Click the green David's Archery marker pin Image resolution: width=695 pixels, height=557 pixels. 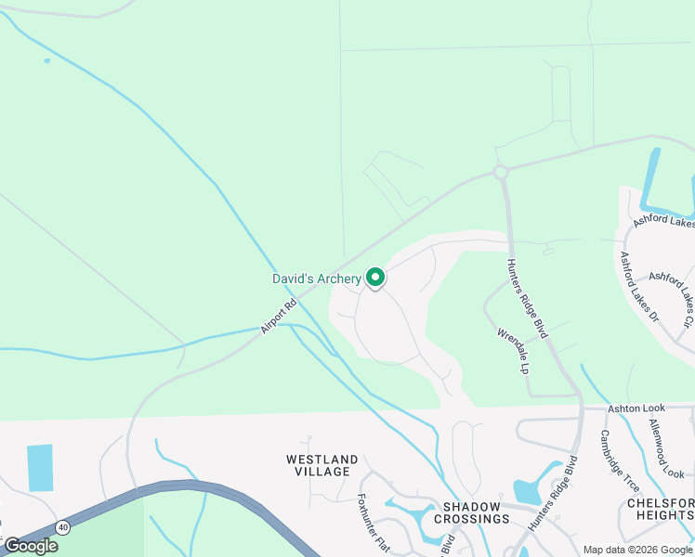(x=375, y=277)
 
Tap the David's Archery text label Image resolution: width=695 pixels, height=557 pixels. (x=316, y=278)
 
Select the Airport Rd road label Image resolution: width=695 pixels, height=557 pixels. (x=279, y=317)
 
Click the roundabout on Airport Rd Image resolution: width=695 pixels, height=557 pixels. (x=501, y=172)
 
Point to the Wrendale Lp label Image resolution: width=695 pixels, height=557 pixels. (x=512, y=350)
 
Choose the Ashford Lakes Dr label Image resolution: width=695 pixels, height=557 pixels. (x=638, y=287)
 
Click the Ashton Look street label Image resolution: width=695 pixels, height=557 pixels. (x=636, y=408)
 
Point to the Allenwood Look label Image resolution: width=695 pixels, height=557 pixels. (x=666, y=448)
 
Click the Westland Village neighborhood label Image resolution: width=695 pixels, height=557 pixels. (x=322, y=465)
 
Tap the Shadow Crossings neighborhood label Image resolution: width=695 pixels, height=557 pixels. (x=477, y=512)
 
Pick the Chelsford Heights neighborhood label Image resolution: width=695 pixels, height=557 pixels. (x=660, y=509)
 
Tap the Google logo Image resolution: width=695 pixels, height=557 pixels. (x=31, y=546)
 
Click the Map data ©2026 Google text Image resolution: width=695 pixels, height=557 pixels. (x=637, y=549)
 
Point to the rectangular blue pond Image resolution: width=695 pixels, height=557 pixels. (x=40, y=468)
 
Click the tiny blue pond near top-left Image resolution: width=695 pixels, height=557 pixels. (x=46, y=61)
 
